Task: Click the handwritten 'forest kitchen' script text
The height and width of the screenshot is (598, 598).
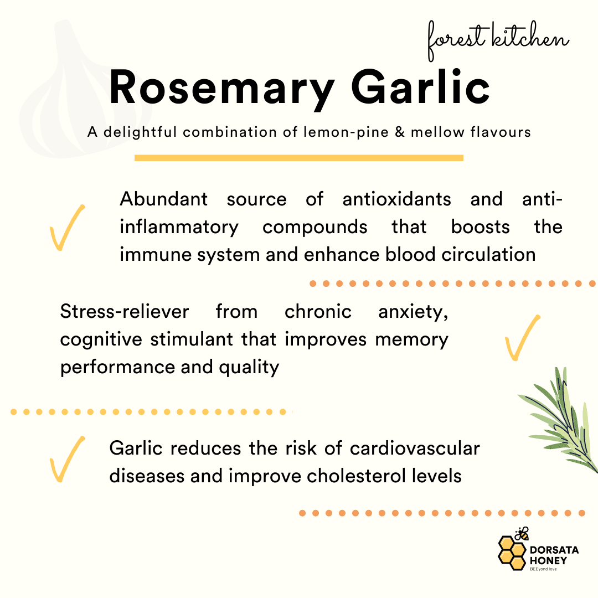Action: [498, 40]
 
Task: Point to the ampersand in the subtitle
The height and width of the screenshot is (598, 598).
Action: [399, 132]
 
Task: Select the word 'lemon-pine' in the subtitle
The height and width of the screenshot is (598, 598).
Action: [346, 132]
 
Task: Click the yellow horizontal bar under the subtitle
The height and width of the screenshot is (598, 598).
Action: [299, 158]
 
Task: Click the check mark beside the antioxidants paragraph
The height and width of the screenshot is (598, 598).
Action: [67, 228]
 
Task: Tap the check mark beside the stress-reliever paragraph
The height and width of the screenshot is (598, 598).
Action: [522, 338]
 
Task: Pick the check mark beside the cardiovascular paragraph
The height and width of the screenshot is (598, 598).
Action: [67, 459]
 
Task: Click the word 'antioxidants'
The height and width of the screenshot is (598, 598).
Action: [396, 199]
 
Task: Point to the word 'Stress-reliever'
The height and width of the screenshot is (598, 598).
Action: [125, 311]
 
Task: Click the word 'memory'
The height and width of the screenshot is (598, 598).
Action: [411, 340]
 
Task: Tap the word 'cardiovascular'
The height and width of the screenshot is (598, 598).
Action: [415, 448]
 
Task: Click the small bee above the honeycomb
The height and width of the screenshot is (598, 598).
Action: [522, 534]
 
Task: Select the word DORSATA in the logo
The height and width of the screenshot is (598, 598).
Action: [554, 550]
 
